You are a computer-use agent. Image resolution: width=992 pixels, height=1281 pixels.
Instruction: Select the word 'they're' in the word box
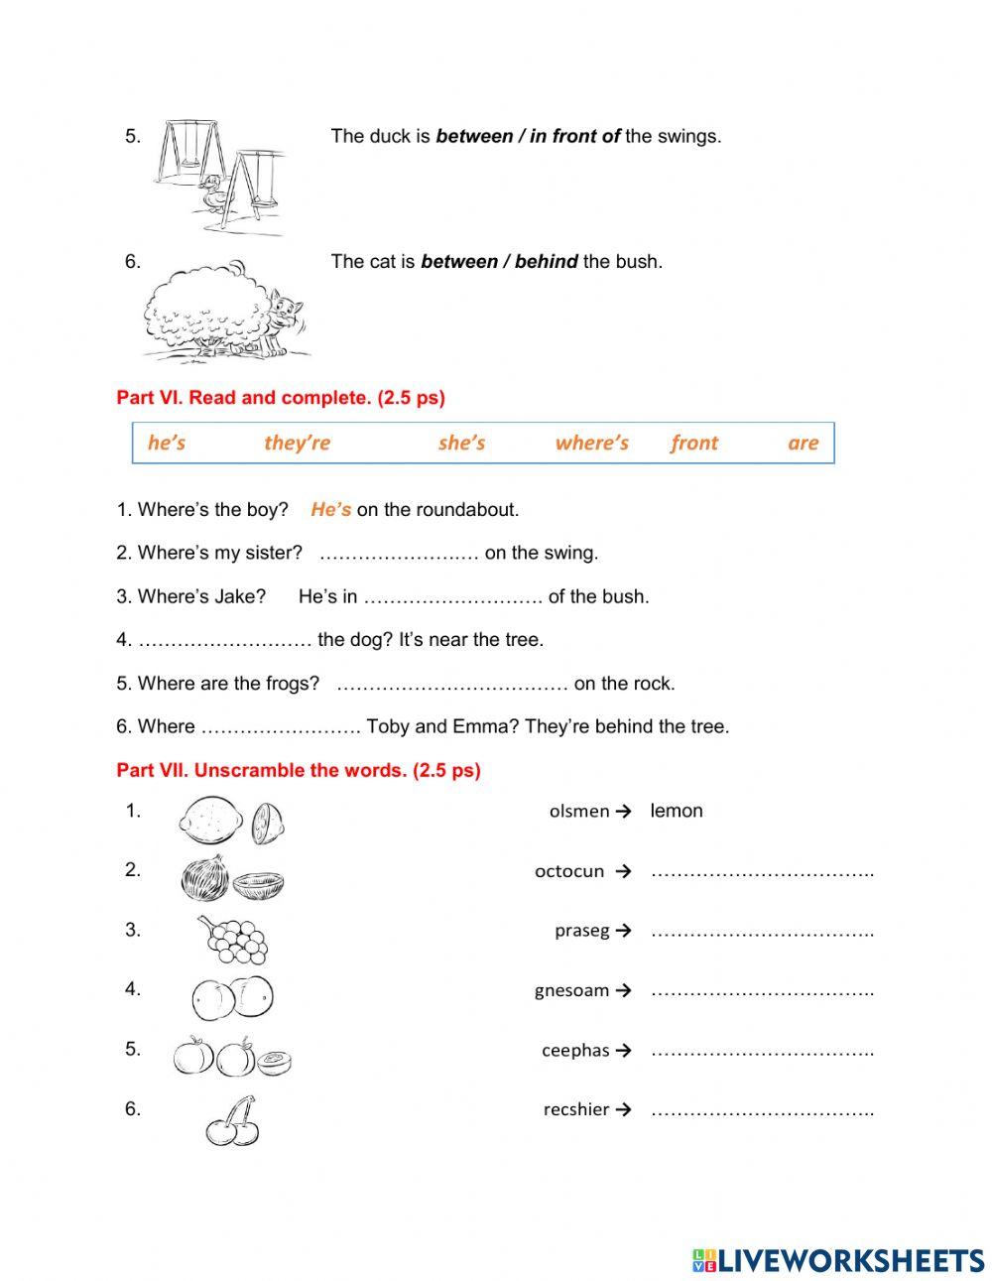coord(297,443)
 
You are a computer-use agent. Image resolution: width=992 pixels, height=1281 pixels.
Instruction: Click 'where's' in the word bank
coord(591,443)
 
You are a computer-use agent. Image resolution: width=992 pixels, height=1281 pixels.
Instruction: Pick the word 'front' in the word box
coord(693,443)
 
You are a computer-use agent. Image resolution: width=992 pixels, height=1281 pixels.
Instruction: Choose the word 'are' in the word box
coord(803,443)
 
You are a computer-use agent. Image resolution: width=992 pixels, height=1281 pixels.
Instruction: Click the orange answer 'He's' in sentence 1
coord(330,510)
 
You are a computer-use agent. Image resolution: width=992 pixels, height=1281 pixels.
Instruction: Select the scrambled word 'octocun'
coord(568,871)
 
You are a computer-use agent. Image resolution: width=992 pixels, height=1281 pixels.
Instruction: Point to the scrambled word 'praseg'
coord(581,931)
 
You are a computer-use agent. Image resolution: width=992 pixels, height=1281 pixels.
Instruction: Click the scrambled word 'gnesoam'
coord(571,990)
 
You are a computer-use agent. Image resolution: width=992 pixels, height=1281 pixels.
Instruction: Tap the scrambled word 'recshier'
coord(575,1109)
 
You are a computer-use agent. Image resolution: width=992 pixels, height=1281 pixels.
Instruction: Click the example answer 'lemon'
coord(676,811)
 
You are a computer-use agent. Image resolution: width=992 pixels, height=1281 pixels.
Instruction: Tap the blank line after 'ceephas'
coord(762,1051)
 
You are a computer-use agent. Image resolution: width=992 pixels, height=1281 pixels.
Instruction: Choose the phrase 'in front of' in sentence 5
coord(574,136)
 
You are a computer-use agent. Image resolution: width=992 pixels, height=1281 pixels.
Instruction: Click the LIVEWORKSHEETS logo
coord(838,1260)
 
